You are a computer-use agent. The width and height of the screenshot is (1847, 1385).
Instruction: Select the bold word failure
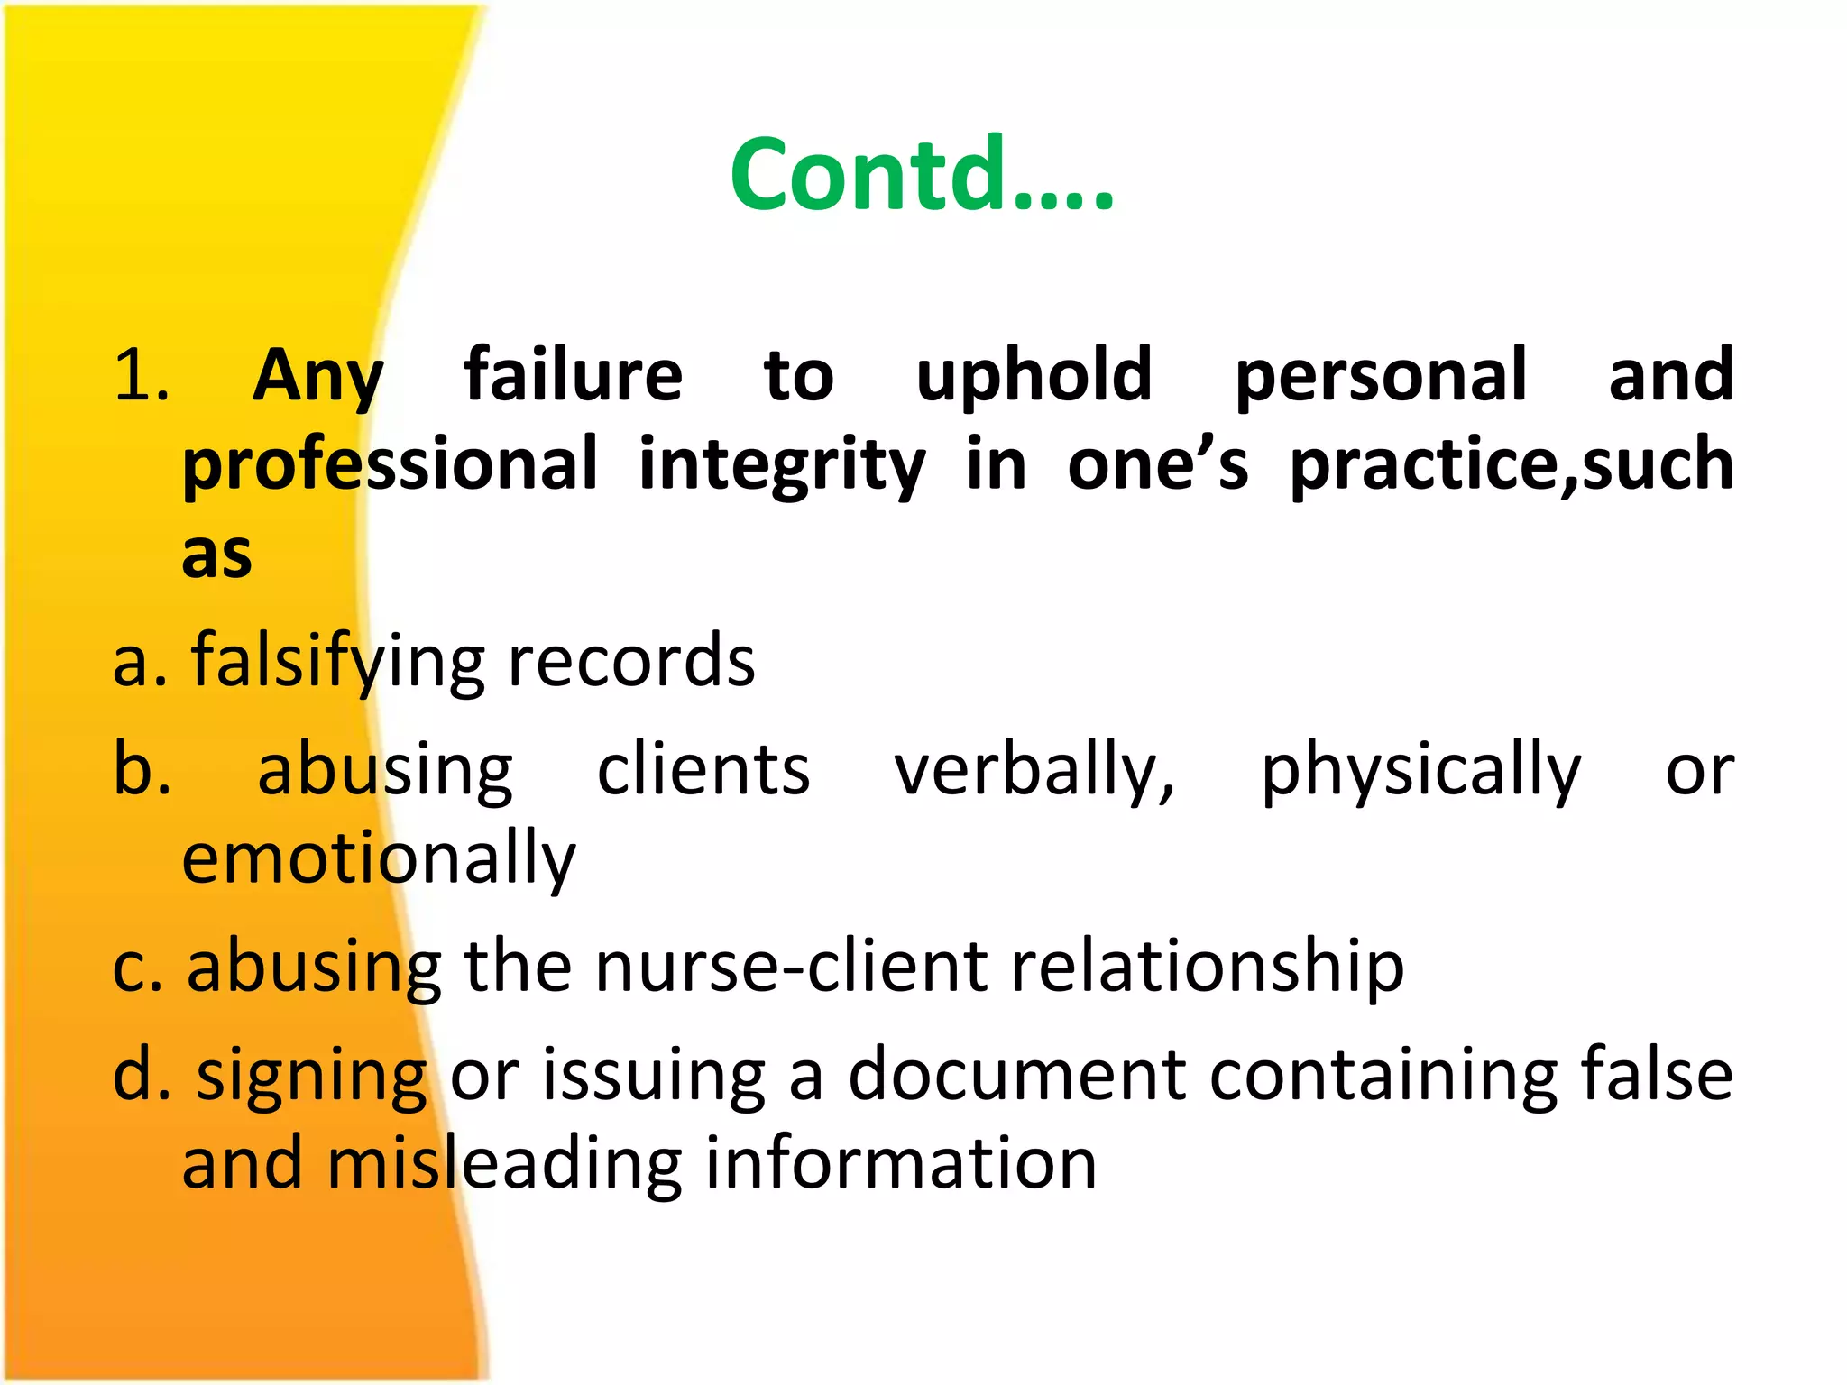tap(574, 375)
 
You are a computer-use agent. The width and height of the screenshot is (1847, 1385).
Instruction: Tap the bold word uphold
tap(1034, 375)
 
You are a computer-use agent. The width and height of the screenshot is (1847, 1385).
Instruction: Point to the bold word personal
tap(1381, 375)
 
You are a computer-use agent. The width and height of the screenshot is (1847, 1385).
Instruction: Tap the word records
tap(631, 661)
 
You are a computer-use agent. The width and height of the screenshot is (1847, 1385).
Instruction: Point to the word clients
tap(703, 771)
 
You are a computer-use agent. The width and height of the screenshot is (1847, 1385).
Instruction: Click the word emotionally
tap(379, 859)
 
